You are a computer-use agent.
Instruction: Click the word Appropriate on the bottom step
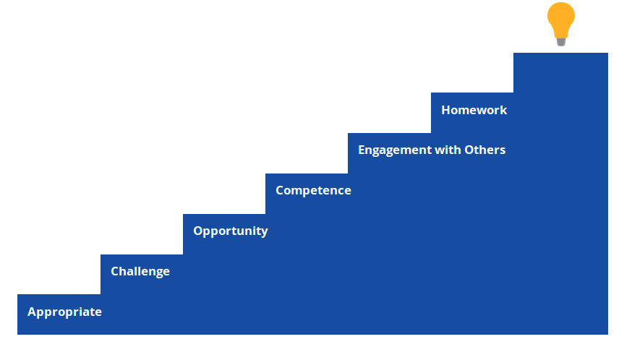64,312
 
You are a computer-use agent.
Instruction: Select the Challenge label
140,271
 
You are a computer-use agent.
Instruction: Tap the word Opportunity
231,231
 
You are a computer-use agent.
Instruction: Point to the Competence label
313,190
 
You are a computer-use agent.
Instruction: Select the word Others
485,150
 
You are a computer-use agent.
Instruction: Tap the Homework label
474,110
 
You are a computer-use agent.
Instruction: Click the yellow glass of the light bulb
561,20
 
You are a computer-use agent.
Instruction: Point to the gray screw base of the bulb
561,42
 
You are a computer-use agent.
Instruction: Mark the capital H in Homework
446,110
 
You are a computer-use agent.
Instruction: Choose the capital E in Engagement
362,150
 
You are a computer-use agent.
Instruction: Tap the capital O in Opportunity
198,231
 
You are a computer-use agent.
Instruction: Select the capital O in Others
469,150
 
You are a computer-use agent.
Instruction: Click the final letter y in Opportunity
264,233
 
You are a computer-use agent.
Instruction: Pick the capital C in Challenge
115,271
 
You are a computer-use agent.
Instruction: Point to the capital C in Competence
280,190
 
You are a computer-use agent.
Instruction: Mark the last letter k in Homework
503,110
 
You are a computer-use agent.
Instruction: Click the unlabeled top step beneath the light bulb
560,72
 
